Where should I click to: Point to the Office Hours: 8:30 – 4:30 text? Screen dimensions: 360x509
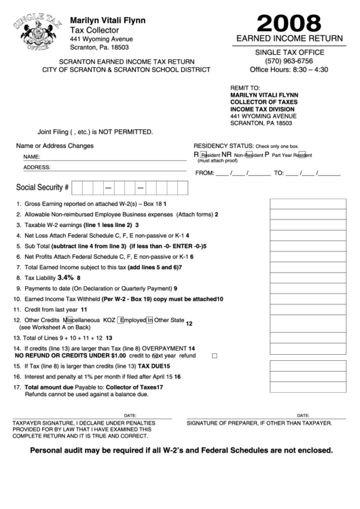(289, 69)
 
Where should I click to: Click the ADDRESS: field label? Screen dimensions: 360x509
(37, 166)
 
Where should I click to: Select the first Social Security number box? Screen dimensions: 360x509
(77, 186)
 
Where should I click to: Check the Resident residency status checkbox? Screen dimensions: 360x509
(203, 154)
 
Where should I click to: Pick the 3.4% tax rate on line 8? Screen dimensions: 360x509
(65, 278)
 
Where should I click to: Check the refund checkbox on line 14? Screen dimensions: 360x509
(215, 355)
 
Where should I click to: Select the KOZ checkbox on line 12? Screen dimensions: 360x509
(121, 319)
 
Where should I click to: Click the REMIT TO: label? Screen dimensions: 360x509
(245, 88)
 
